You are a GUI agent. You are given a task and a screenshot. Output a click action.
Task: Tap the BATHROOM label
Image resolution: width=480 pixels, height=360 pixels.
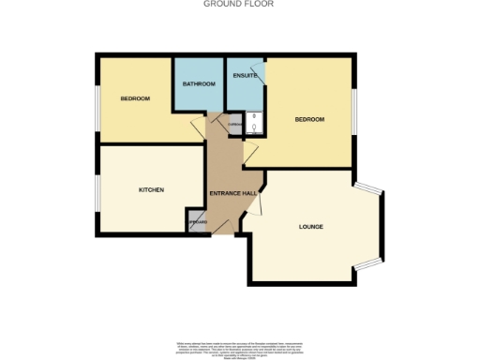click(x=199, y=84)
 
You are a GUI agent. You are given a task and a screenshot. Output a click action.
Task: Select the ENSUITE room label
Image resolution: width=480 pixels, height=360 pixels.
click(x=246, y=75)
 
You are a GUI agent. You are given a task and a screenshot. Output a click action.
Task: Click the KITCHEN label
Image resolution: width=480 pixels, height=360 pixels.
click(x=152, y=189)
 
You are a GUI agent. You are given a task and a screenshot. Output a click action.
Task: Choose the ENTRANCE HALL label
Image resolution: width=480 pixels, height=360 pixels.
click(x=233, y=193)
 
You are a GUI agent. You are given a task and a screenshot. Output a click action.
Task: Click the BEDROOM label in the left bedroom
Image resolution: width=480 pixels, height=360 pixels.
click(x=134, y=97)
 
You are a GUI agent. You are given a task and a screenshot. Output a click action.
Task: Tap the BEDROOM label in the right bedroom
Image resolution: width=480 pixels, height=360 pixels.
click(x=309, y=119)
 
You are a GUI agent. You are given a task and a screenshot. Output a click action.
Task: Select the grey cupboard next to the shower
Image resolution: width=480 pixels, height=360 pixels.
click(x=234, y=123)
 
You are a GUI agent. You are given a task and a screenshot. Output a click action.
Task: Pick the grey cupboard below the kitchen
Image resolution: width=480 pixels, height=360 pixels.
click(x=197, y=222)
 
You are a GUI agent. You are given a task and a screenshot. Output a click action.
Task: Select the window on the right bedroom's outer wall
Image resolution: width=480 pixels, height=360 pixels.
click(x=354, y=112)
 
